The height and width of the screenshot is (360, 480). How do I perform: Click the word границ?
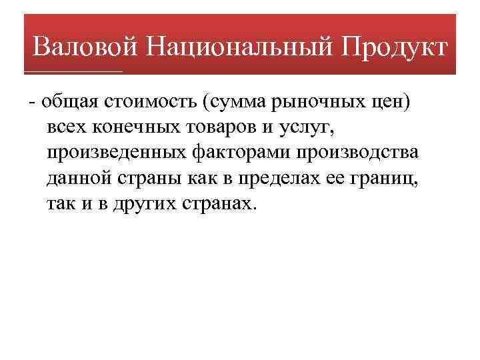click(389, 178)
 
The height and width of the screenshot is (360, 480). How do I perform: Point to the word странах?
click(217, 203)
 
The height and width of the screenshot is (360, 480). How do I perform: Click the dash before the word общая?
click(32, 102)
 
